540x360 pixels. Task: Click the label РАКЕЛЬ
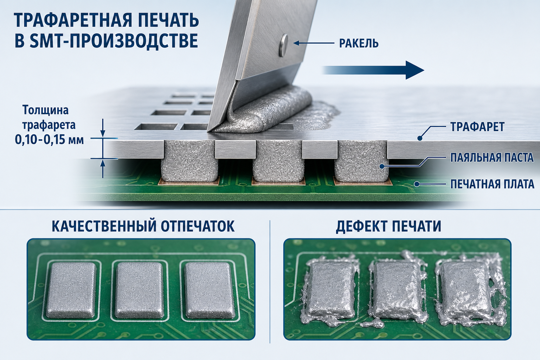click(359, 44)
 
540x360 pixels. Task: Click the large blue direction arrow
click(373, 70)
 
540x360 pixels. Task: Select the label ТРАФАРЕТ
click(477, 127)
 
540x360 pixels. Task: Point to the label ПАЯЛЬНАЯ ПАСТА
click(492, 158)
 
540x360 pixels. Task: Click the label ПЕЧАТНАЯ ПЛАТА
click(492, 184)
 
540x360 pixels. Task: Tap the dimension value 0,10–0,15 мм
click(50, 140)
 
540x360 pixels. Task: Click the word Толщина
click(46, 110)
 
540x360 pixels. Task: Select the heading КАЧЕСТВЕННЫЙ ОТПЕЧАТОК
click(143, 226)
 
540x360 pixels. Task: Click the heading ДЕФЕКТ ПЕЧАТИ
click(388, 226)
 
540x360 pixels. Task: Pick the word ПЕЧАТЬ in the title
click(166, 21)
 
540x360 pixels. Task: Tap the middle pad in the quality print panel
click(139, 289)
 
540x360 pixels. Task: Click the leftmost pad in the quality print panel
click(71, 289)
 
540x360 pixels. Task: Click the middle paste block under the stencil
click(278, 161)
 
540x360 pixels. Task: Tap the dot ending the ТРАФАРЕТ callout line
click(420, 138)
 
